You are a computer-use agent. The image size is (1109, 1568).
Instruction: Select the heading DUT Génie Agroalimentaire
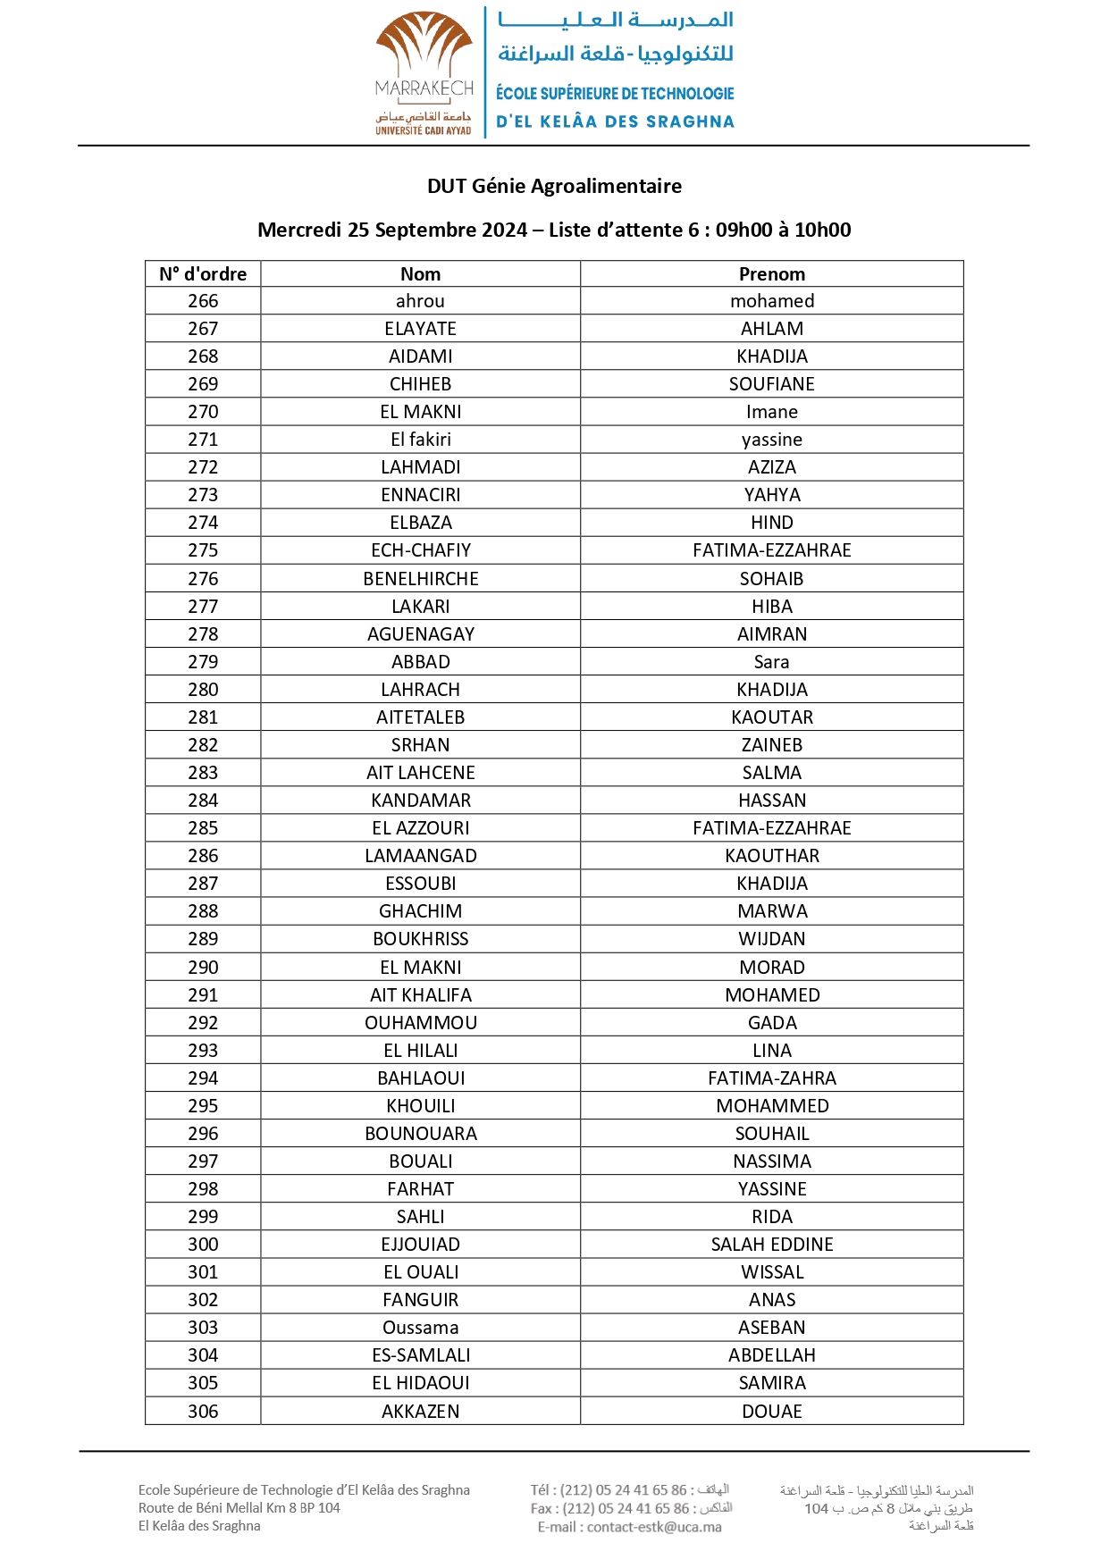pos(554,186)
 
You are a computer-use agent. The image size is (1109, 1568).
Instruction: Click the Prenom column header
pos(771,273)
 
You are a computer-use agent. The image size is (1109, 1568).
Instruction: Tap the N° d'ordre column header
pos(203,273)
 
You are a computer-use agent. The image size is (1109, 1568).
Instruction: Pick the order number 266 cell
pos(203,301)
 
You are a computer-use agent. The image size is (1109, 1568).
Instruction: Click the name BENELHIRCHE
pos(420,579)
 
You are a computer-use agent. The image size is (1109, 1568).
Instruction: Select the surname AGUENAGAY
pos(420,634)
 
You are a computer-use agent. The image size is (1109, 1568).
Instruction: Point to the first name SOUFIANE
pos(771,384)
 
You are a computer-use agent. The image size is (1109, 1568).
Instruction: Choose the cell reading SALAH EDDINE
pos(771,1245)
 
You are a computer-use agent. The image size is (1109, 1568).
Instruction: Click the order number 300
pos(203,1245)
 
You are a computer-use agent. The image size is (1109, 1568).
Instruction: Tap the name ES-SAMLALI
pos(420,1355)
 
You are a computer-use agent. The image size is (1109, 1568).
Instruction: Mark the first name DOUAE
pos(771,1412)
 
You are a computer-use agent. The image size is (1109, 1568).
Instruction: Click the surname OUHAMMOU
pos(420,1023)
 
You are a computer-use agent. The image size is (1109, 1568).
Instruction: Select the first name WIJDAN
pos(771,939)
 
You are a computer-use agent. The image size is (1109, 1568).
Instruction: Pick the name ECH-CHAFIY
pos(420,550)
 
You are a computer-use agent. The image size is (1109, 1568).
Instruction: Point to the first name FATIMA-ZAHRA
pos(771,1078)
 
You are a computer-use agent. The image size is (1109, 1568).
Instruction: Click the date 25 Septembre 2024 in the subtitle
pos(437,230)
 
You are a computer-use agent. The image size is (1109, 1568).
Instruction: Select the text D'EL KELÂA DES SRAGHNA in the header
pos(615,122)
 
